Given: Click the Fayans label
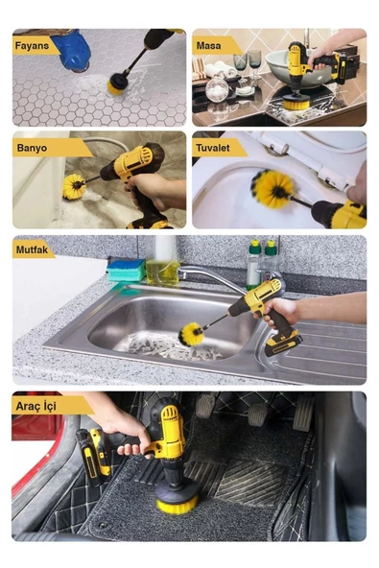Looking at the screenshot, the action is [32, 46].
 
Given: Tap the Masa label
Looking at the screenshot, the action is [208, 46].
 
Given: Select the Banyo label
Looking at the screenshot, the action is [32, 148].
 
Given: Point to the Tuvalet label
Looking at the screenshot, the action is [213, 148].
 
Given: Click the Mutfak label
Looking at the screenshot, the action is [32, 250].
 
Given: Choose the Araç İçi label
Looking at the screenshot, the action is [36, 406].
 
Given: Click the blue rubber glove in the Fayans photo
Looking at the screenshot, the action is [71, 50].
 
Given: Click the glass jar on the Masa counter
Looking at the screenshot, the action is [217, 88].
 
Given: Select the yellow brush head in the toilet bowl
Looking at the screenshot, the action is [272, 189].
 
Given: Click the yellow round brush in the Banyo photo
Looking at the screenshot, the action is [74, 186].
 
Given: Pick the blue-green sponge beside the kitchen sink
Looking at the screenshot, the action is [126, 271].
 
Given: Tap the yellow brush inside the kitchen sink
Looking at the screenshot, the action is [191, 334].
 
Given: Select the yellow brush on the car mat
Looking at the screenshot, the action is [178, 504].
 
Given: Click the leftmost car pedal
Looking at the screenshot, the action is [204, 406].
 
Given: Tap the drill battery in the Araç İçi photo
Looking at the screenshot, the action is [93, 457].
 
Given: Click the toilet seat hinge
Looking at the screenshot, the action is [277, 150].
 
